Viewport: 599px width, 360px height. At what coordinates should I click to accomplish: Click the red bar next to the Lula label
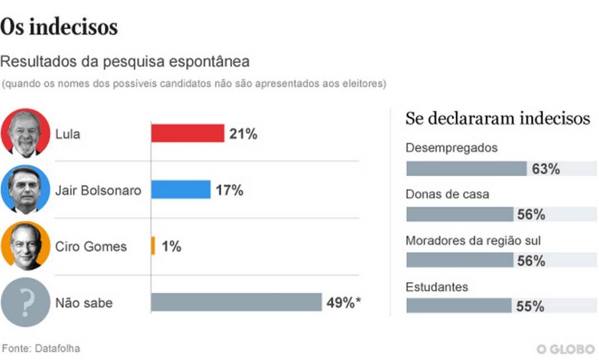click(187, 133)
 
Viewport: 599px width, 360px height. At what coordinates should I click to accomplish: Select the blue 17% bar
click(180, 190)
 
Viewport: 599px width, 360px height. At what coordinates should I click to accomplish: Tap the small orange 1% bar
click(153, 246)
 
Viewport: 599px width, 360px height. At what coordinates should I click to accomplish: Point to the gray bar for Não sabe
click(236, 302)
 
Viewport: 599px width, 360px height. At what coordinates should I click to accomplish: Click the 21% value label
click(243, 134)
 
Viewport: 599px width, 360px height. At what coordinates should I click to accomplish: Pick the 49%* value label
click(343, 303)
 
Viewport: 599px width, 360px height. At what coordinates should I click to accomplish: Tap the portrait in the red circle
click(25, 133)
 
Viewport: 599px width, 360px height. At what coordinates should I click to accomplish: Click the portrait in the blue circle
click(25, 189)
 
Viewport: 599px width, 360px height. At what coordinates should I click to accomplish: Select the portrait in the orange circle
click(25, 246)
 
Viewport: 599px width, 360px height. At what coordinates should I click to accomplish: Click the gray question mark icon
click(25, 303)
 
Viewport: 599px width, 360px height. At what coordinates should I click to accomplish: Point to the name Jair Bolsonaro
click(98, 190)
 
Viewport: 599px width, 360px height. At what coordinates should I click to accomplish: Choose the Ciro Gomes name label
click(91, 246)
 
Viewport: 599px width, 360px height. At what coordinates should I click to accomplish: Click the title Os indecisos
click(59, 27)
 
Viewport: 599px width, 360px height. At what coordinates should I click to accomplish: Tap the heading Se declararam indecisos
click(498, 118)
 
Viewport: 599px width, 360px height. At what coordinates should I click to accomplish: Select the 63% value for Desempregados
click(546, 169)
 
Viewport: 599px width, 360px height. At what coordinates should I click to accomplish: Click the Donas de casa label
click(447, 194)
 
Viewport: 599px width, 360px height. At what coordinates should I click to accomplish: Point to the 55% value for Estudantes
click(531, 306)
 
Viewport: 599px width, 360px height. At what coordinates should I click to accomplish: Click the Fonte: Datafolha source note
click(40, 348)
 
